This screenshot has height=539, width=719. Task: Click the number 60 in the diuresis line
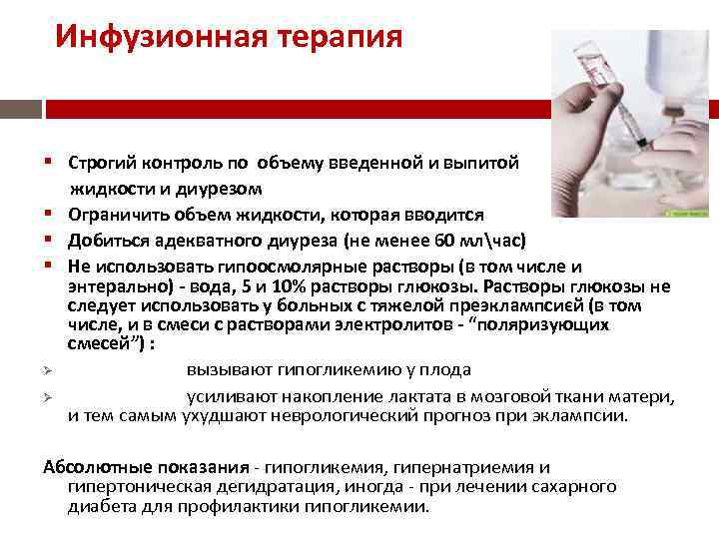point(445,241)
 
